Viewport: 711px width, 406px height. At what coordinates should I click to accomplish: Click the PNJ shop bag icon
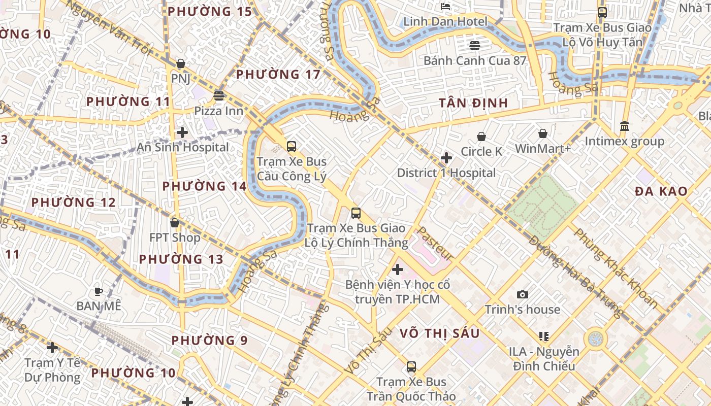[180, 63]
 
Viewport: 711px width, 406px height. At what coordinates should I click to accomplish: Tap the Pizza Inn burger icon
[219, 95]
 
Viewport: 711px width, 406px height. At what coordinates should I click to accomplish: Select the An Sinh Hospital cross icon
[182, 132]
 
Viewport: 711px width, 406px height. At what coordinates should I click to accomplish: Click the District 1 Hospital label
[446, 173]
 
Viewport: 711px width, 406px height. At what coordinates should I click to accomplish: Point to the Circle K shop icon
[481, 137]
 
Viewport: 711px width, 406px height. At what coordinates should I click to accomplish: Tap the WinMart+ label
[543, 149]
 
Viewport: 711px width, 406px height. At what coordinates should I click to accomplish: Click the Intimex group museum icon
[625, 126]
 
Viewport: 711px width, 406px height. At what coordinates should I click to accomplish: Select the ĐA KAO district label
[661, 191]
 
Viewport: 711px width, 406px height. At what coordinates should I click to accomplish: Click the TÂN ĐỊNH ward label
[473, 103]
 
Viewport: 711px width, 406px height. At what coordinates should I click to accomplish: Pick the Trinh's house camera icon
[522, 294]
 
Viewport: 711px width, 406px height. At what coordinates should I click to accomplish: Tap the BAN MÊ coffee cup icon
[99, 291]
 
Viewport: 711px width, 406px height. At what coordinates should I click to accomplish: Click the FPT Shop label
[175, 238]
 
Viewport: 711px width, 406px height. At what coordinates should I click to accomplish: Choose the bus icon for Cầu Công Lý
[292, 147]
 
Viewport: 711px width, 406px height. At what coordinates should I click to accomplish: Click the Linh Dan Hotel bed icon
[445, 7]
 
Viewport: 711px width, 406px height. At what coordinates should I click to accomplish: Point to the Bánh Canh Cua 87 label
[475, 61]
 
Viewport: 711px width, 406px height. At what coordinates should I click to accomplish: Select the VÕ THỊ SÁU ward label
[439, 333]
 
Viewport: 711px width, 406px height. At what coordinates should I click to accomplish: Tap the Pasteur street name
[435, 244]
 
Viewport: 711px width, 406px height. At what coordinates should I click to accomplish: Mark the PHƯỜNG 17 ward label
[278, 75]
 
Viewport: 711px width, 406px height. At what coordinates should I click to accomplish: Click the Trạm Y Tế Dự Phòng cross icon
[52, 348]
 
